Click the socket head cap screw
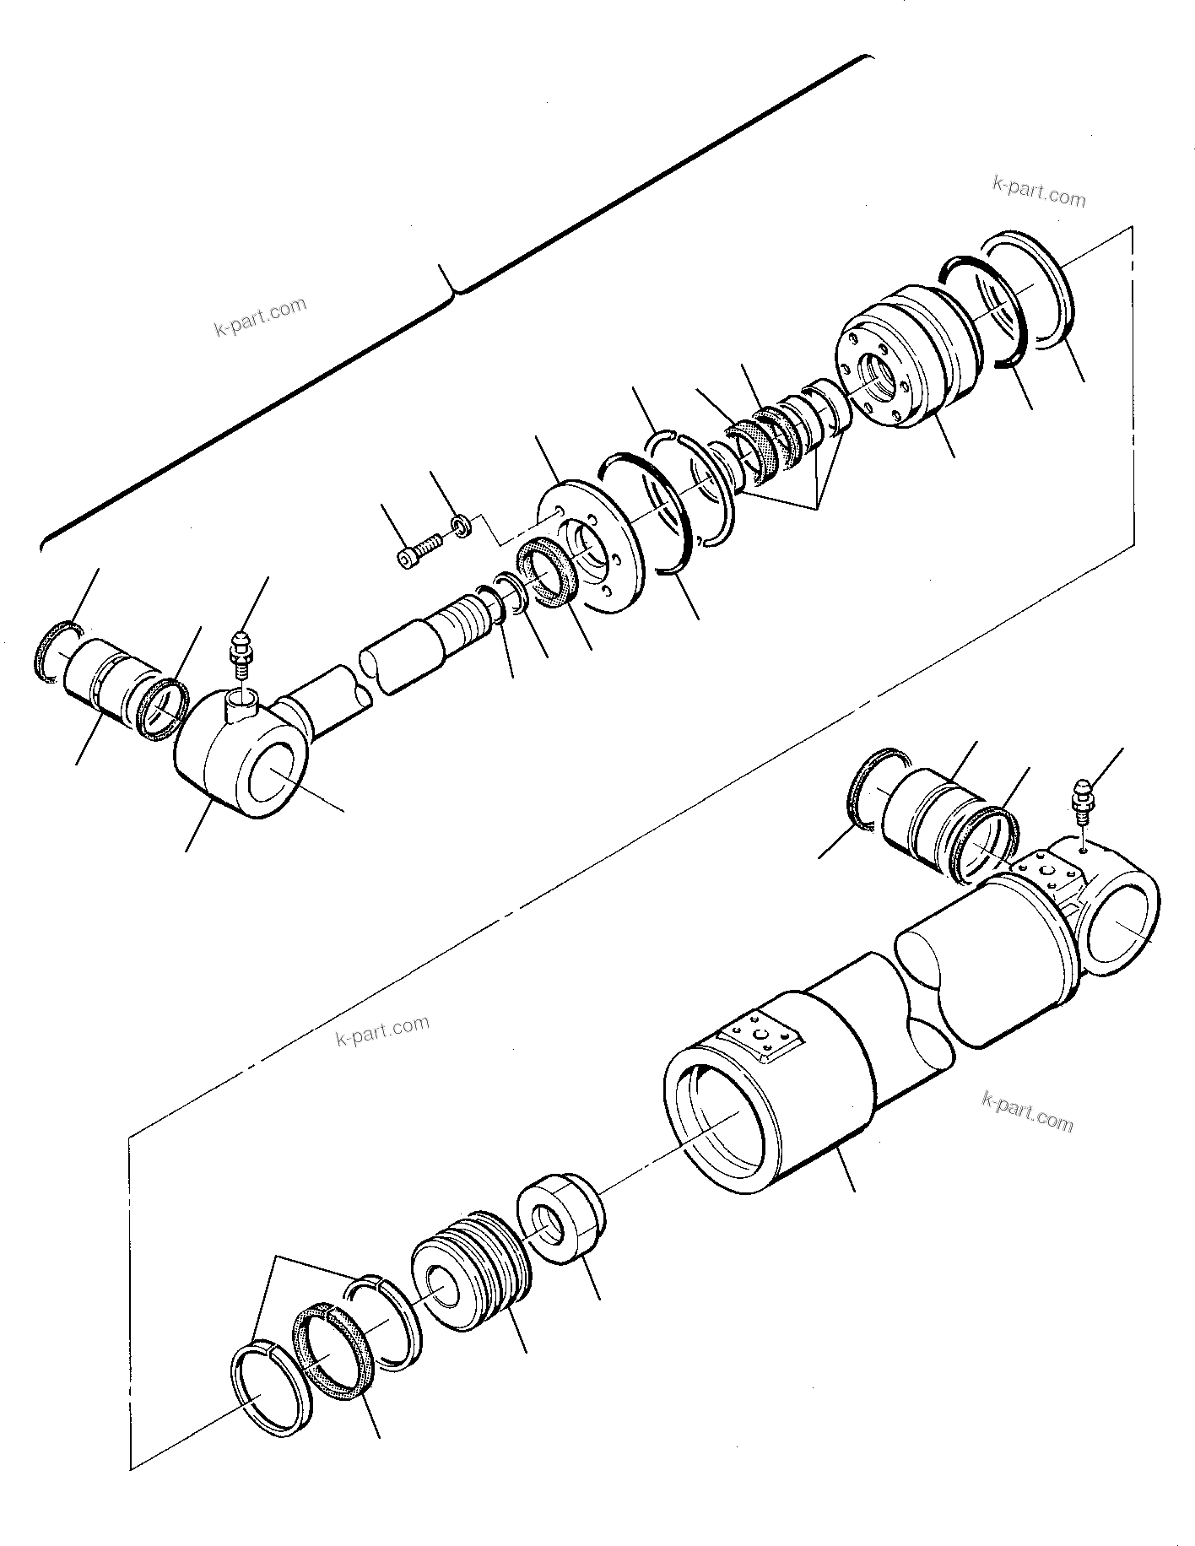417,549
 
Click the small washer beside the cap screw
461,527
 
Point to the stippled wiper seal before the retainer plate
547,575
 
